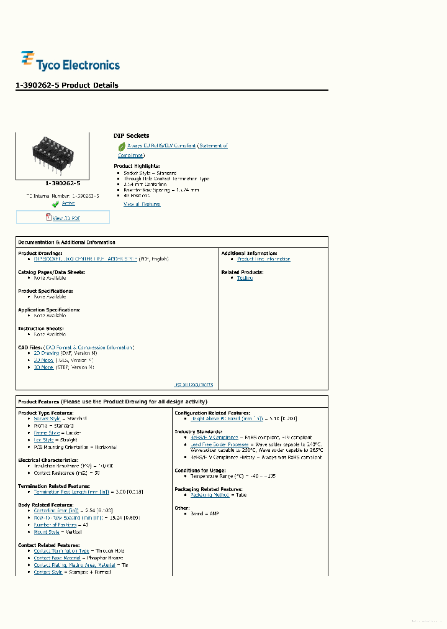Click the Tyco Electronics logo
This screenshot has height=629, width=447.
pyautogui.click(x=70, y=62)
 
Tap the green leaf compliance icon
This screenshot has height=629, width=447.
pyautogui.click(x=122, y=147)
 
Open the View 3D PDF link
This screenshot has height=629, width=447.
pyautogui.click(x=66, y=218)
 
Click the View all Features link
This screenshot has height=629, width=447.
pyautogui.click(x=142, y=204)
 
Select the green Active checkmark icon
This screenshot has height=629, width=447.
pyautogui.click(x=55, y=204)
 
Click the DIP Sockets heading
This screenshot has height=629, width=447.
pyautogui.click(x=131, y=135)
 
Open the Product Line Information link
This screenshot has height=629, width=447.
pyautogui.click(x=263, y=259)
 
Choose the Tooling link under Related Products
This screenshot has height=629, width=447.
pyautogui.click(x=245, y=278)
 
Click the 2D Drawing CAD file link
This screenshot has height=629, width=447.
pyautogui.click(x=47, y=352)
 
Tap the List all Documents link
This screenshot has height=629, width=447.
pyautogui.click(x=193, y=384)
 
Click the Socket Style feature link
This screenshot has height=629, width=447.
pyautogui.click(x=47, y=419)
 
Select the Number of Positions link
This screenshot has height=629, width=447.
pyautogui.click(x=56, y=525)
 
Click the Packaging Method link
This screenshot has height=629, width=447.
pyautogui.click(x=210, y=495)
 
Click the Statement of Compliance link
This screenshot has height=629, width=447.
pyautogui.click(x=213, y=146)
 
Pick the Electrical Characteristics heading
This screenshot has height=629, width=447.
pyautogui.click(x=48, y=461)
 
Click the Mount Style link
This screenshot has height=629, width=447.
pyautogui.click(x=47, y=532)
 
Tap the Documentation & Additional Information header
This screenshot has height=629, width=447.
pyautogui.click(x=66, y=242)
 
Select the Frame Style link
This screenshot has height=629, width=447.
pyautogui.click(x=47, y=433)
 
